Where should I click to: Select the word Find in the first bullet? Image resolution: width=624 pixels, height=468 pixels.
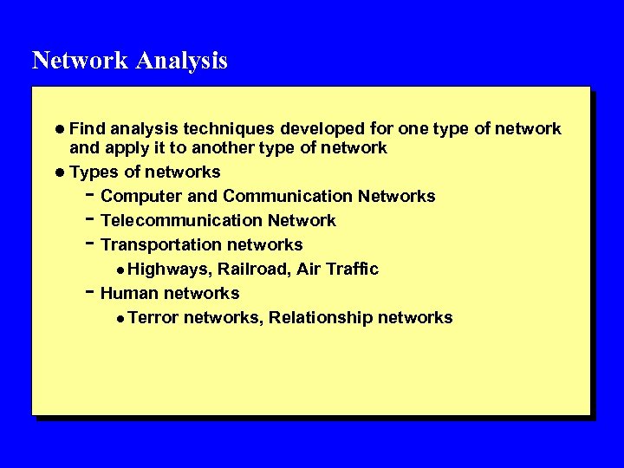coord(87,129)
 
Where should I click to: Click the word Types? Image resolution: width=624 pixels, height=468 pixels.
coord(94,172)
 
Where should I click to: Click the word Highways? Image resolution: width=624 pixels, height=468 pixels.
coord(170,269)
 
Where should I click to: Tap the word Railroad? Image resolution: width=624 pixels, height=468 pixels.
coord(252,269)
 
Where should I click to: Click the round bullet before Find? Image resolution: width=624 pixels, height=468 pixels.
coord(59,129)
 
